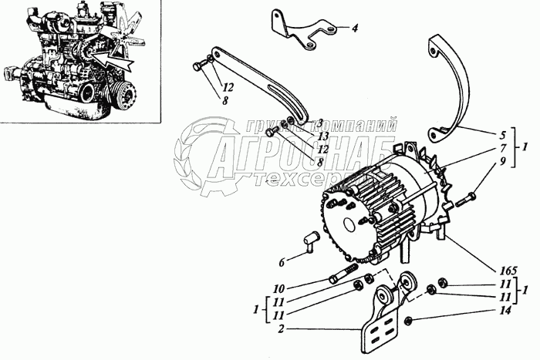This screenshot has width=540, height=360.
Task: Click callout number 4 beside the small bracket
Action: (355, 29)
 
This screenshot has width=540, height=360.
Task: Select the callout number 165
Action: (508, 271)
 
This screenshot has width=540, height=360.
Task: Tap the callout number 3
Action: (319, 123)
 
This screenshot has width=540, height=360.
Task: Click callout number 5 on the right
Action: (501, 134)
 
